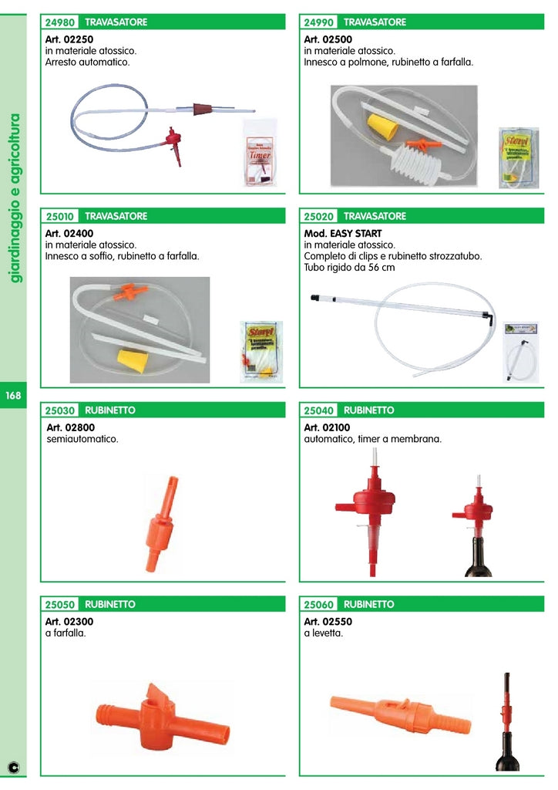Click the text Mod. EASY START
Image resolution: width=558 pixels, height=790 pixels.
(x=343, y=233)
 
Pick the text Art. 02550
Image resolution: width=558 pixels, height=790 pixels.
(x=328, y=621)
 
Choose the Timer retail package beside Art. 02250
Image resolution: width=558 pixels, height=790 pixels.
(x=260, y=152)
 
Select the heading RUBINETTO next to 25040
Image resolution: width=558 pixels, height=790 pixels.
(x=368, y=410)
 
